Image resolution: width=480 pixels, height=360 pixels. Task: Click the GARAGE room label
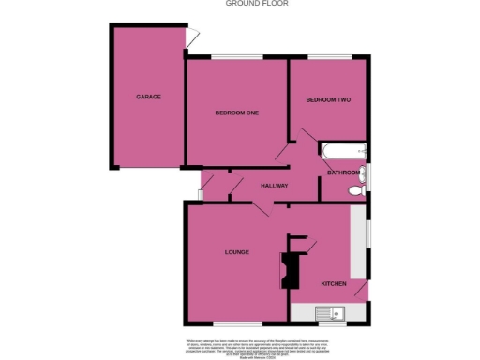[148, 97]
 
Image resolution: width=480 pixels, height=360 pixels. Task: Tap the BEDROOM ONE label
[236, 113]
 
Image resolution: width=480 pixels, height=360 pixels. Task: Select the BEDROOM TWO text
[328, 99]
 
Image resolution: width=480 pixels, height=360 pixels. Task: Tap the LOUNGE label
[235, 252]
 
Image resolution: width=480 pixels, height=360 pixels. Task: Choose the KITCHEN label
[335, 283]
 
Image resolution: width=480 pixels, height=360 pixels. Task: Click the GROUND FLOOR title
[257, 4]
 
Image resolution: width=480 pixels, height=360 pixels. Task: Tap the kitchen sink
[331, 313]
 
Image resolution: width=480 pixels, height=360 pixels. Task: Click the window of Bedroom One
[235, 58]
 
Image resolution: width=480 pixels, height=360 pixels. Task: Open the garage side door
[191, 37]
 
